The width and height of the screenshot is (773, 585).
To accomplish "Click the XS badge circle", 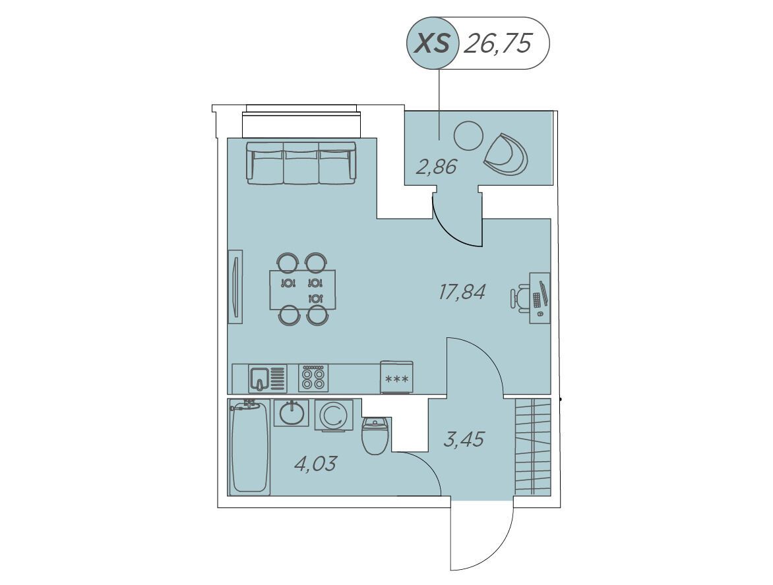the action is [433, 43].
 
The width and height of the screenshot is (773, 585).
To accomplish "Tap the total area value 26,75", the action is [499, 44].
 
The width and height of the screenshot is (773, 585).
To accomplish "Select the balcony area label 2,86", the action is [437, 167].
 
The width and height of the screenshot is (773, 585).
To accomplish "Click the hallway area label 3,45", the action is [464, 439].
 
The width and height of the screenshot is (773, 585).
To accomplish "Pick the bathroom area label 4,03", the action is [315, 463].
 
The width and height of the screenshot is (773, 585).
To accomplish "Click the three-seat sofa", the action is [301, 163].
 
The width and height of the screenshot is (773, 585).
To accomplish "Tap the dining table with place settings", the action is [303, 290].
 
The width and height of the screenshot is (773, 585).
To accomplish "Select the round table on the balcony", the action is [468, 136].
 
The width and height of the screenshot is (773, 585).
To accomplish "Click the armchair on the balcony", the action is [506, 153].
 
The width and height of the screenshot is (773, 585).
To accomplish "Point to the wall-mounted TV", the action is [235, 287].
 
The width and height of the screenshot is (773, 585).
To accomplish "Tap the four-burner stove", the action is [313, 378].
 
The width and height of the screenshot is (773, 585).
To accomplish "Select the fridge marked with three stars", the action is [397, 377].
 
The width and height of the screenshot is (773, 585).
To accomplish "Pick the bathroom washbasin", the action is [292, 413].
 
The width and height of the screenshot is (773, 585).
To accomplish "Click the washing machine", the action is [334, 416].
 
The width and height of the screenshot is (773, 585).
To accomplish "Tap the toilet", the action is [377, 435].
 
